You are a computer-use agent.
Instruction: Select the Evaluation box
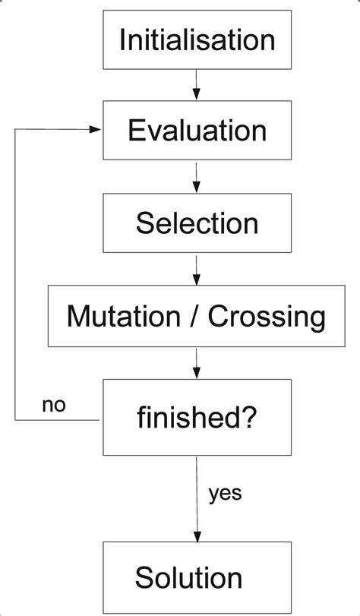click(197, 131)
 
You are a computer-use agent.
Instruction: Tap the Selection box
click(197, 223)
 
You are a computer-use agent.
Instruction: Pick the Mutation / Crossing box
click(197, 316)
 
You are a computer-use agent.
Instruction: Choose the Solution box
click(197, 577)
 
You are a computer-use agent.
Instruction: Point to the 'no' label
click(53, 404)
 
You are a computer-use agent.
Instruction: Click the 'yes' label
click(224, 493)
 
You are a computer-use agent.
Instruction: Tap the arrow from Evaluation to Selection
click(197, 176)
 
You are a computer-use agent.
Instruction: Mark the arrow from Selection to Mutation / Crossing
click(197, 269)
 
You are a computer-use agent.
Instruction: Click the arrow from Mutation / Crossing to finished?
click(197, 363)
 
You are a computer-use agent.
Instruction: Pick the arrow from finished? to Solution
click(197, 498)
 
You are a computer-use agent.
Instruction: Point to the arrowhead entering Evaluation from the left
click(96, 130)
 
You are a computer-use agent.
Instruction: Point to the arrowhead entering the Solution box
click(197, 535)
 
